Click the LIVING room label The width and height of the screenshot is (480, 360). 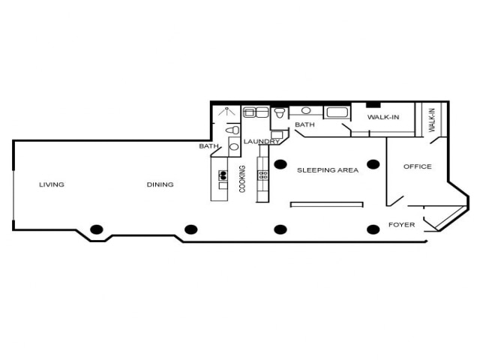[x=52, y=184]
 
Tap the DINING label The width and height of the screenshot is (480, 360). [x=160, y=184]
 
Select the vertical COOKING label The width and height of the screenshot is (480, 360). [x=242, y=178]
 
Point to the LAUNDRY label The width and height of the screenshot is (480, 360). [x=262, y=141]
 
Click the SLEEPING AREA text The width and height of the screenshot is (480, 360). [x=328, y=170]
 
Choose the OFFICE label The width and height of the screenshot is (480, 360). [x=418, y=166]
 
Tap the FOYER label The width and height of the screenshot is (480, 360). [x=401, y=224]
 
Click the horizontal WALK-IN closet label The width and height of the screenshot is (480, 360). [x=382, y=117]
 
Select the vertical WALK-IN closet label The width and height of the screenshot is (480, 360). [x=432, y=121]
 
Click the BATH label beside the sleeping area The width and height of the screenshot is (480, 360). [x=304, y=124]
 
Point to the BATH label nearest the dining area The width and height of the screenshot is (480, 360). [x=208, y=146]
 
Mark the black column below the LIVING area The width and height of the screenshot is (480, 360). [x=96, y=229]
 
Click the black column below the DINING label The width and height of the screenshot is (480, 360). [x=191, y=229]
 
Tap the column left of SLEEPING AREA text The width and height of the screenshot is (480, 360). [x=280, y=163]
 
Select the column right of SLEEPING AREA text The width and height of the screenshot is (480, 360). [x=373, y=163]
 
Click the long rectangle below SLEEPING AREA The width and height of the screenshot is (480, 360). [x=326, y=203]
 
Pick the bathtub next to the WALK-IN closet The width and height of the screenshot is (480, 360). [x=336, y=113]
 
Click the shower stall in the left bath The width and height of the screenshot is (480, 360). [x=224, y=114]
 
